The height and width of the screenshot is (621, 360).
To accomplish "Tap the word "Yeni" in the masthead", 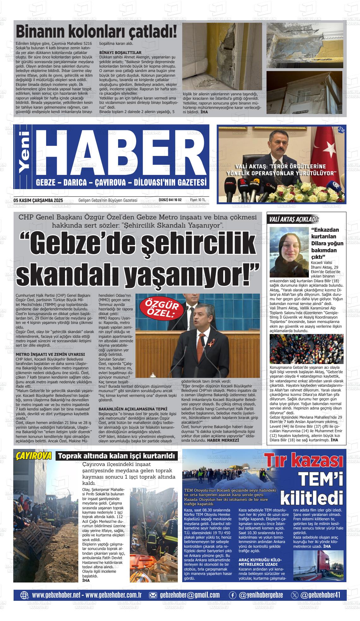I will (x=25, y=157).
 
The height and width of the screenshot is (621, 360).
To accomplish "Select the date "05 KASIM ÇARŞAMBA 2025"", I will (x=38, y=200).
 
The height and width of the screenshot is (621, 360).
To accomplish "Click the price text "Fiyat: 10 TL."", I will (x=198, y=200).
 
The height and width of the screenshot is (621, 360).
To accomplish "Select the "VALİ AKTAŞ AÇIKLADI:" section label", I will (x=293, y=220).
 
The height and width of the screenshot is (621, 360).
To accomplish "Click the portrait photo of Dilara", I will (x=289, y=252).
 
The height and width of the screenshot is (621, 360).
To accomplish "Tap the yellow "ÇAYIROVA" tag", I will (x=33, y=456).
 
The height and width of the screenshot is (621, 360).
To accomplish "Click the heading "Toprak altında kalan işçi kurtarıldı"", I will (x=117, y=456).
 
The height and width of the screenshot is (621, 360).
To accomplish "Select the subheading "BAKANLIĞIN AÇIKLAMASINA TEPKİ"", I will (x=133, y=409).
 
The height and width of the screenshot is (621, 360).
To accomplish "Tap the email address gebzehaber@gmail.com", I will (x=190, y=595).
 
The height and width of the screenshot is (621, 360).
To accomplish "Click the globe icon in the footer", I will (x=24, y=595).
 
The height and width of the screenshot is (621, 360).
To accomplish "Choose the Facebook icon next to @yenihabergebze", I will (x=232, y=595).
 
